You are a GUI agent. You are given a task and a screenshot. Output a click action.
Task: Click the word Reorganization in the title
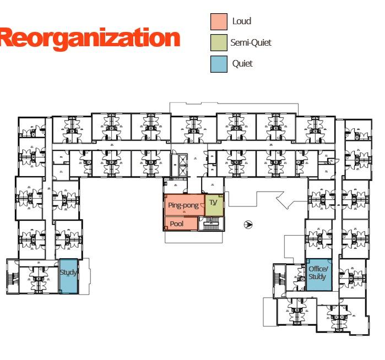(x=89, y=38)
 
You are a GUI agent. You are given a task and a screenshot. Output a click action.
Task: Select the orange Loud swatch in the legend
(x=219, y=21)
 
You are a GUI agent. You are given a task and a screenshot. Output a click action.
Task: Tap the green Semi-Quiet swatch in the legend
(x=219, y=42)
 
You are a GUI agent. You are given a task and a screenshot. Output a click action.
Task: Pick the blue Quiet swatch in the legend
(x=219, y=63)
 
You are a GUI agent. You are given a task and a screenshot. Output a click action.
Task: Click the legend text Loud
(x=242, y=21)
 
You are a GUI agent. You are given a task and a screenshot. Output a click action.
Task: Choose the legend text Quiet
(x=242, y=63)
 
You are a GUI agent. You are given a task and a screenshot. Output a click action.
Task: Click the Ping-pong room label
(x=183, y=205)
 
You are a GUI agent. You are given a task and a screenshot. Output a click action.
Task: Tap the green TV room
(x=214, y=204)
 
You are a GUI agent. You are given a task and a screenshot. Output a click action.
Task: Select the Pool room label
(x=177, y=224)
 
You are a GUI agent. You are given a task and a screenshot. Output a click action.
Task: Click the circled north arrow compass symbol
(x=248, y=224)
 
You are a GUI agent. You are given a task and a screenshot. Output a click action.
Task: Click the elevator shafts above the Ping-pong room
(x=179, y=163)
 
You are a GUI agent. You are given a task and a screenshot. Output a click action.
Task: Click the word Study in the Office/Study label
(x=317, y=277)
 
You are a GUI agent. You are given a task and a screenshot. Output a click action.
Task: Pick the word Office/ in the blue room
(x=318, y=269)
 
